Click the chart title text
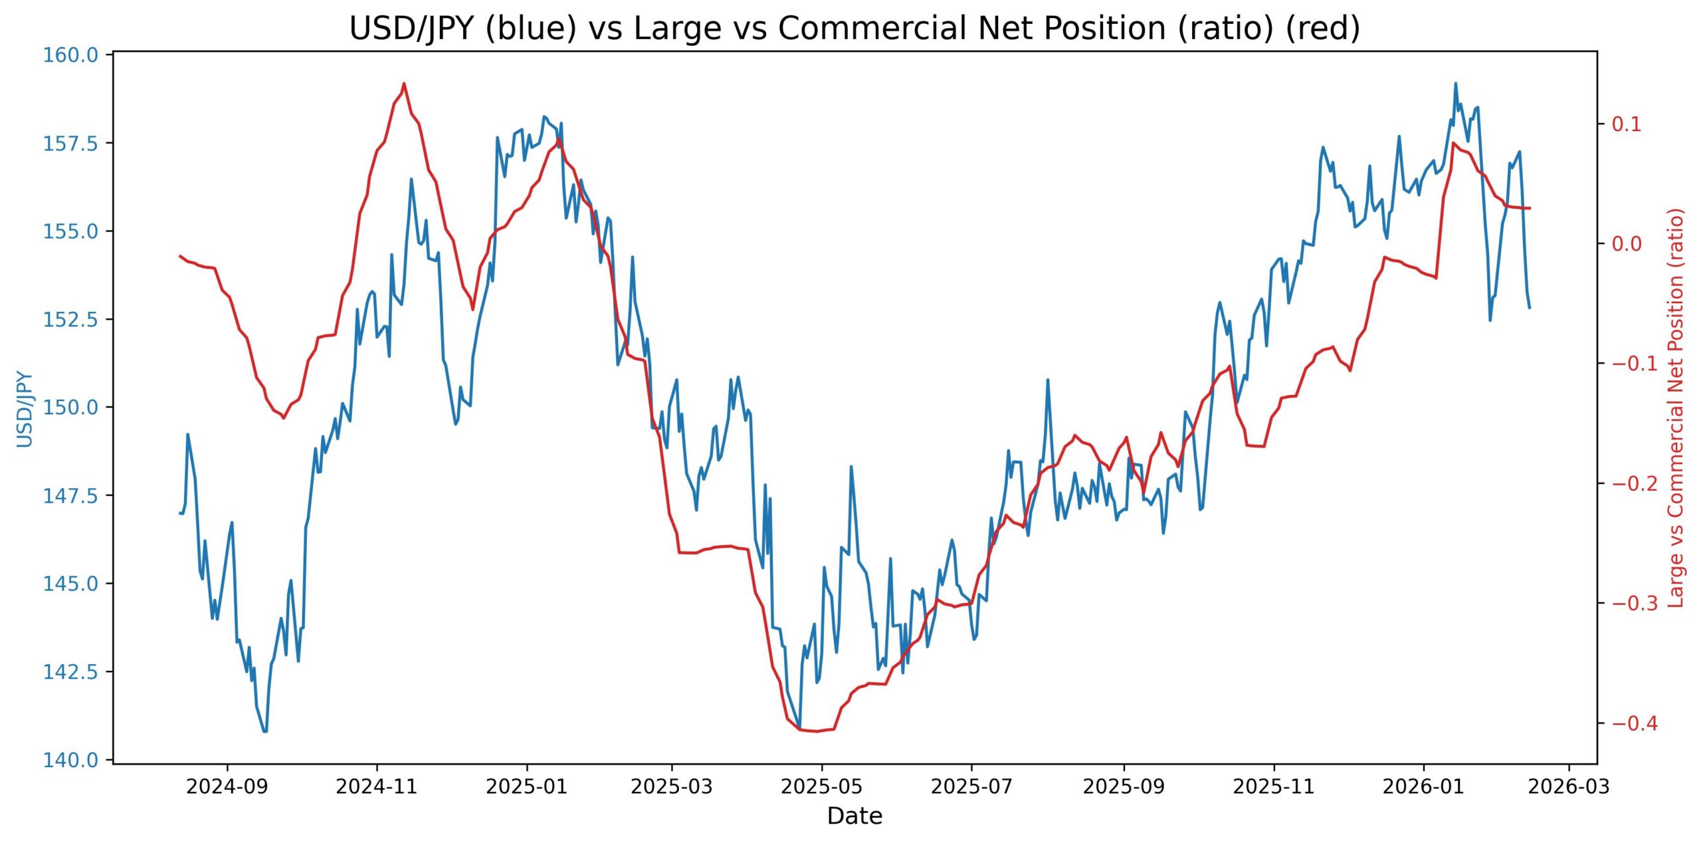click(854, 29)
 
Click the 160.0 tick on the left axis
click(70, 55)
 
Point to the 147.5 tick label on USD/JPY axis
click(70, 495)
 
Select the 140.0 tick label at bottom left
click(70, 760)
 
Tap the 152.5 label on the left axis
click(70, 319)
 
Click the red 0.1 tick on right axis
click(1626, 124)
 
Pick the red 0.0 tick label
click(1626, 243)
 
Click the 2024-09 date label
click(227, 786)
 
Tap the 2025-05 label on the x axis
click(822, 786)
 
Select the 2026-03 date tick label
click(1569, 786)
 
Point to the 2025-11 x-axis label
click(1274, 786)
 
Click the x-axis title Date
click(854, 816)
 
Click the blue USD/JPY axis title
click(25, 408)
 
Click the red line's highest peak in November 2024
click(404, 84)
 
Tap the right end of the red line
click(1530, 208)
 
